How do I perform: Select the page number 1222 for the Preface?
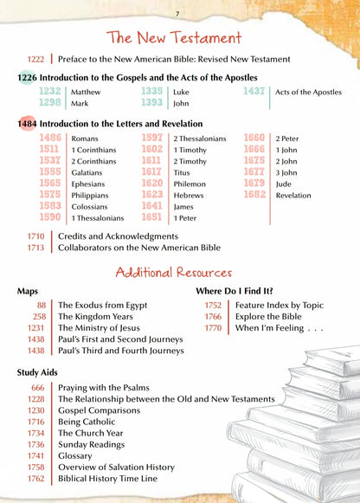[35, 59]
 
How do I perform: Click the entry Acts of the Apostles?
[309, 92]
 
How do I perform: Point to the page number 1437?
[254, 91]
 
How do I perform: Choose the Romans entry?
[85, 139]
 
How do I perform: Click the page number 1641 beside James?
[152, 207]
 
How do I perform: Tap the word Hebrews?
[190, 196]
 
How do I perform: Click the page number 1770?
[213, 328]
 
